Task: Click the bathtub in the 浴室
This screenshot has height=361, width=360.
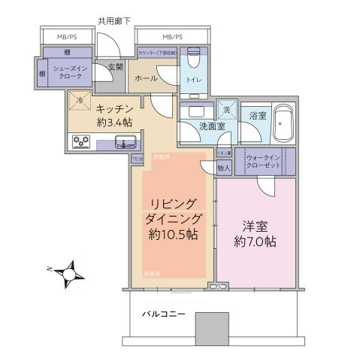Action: pos(284,126)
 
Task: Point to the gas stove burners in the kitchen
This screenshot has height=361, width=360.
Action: pos(80,141)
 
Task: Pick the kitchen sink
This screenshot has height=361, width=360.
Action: pos(125,141)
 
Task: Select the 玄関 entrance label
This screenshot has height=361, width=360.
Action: pos(116,68)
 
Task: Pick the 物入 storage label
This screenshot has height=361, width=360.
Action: pos(223,168)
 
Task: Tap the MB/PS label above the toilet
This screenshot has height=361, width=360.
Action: pos(172,36)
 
